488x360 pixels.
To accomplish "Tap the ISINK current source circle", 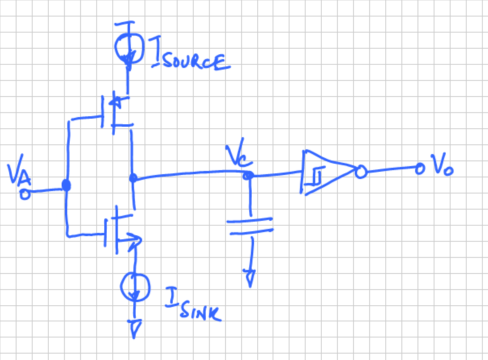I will tap(136, 286).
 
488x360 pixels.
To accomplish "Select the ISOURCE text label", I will tap(189, 58).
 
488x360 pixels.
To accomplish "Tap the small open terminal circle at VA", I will tap(25, 194).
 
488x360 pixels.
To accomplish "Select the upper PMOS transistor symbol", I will tap(115, 111).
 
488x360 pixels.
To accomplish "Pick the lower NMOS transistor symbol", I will tap(119, 229).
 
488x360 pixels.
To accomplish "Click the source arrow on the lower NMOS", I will tap(135, 241).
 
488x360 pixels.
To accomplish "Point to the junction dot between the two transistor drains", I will tap(133, 178).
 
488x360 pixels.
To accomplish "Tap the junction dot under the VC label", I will tap(249, 176).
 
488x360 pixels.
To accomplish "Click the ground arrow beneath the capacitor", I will tap(250, 277).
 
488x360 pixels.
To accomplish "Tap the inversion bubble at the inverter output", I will tap(360, 172).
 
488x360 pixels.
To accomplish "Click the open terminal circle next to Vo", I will tap(420, 168).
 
